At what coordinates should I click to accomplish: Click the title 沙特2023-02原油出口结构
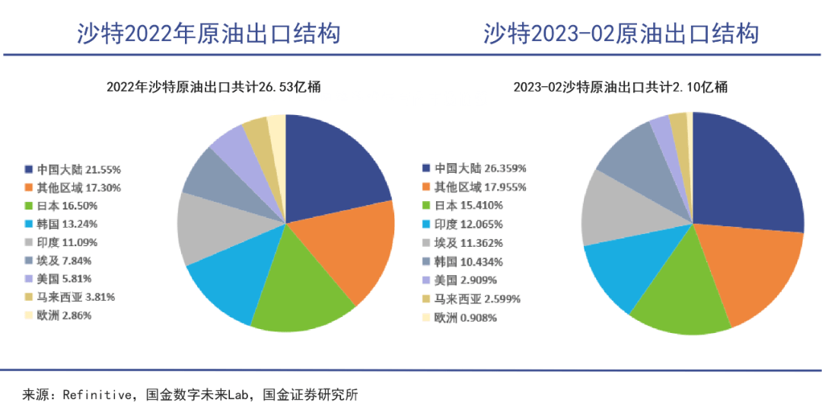pyautogui.click(x=621, y=34)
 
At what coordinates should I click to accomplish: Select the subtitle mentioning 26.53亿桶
pyautogui.click(x=213, y=87)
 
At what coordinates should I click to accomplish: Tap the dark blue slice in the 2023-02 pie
pyautogui.click(x=746, y=175)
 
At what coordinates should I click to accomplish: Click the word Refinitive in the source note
pyautogui.click(x=97, y=394)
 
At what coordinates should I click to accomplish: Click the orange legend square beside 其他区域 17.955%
pyautogui.click(x=428, y=187)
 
